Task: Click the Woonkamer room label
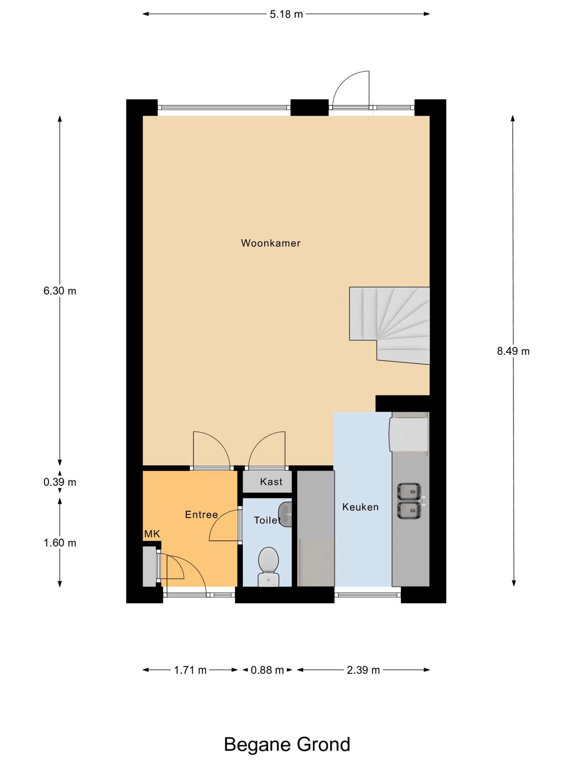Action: pyautogui.click(x=271, y=243)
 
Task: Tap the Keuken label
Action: pyautogui.click(x=361, y=507)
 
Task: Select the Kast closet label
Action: pyautogui.click(x=271, y=482)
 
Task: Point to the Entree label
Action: pyautogui.click(x=201, y=514)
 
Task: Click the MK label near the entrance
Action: pyautogui.click(x=152, y=534)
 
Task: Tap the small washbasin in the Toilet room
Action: pyautogui.click(x=285, y=514)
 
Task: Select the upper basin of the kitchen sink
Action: pyautogui.click(x=409, y=492)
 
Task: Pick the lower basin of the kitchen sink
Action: pyautogui.click(x=409, y=510)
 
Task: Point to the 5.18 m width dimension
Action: pyautogui.click(x=286, y=14)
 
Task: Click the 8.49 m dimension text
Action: pyautogui.click(x=513, y=351)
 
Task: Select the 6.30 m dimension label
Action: pyautogui.click(x=60, y=291)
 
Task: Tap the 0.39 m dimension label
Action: pyautogui.click(x=60, y=482)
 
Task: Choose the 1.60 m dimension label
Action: pyautogui.click(x=60, y=543)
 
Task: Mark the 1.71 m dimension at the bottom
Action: pyautogui.click(x=190, y=670)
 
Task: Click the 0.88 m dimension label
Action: pyautogui.click(x=267, y=670)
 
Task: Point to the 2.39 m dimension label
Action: pyautogui.click(x=363, y=670)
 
